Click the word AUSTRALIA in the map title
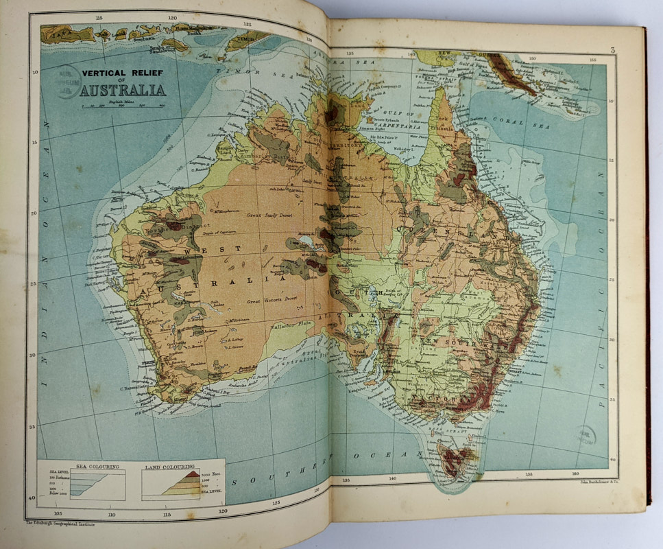[123, 90]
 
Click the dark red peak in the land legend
[191, 474]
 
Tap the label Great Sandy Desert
[269, 215]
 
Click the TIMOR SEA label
[236, 70]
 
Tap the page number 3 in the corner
[612, 50]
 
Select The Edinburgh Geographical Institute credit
[60, 523]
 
